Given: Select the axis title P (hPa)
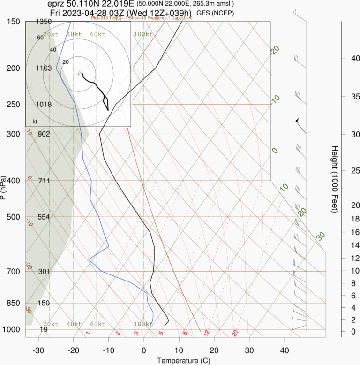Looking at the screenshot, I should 4,188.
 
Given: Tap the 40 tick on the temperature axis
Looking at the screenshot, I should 285,350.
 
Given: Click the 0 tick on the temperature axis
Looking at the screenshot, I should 143,350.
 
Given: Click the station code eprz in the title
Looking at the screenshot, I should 57,4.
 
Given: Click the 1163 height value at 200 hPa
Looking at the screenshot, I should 44,68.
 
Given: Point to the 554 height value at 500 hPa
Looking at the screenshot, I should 44,217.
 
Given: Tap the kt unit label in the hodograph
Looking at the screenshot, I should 35,122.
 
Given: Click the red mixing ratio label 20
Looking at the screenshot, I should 235,334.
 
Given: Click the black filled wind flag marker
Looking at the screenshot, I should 297,121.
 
